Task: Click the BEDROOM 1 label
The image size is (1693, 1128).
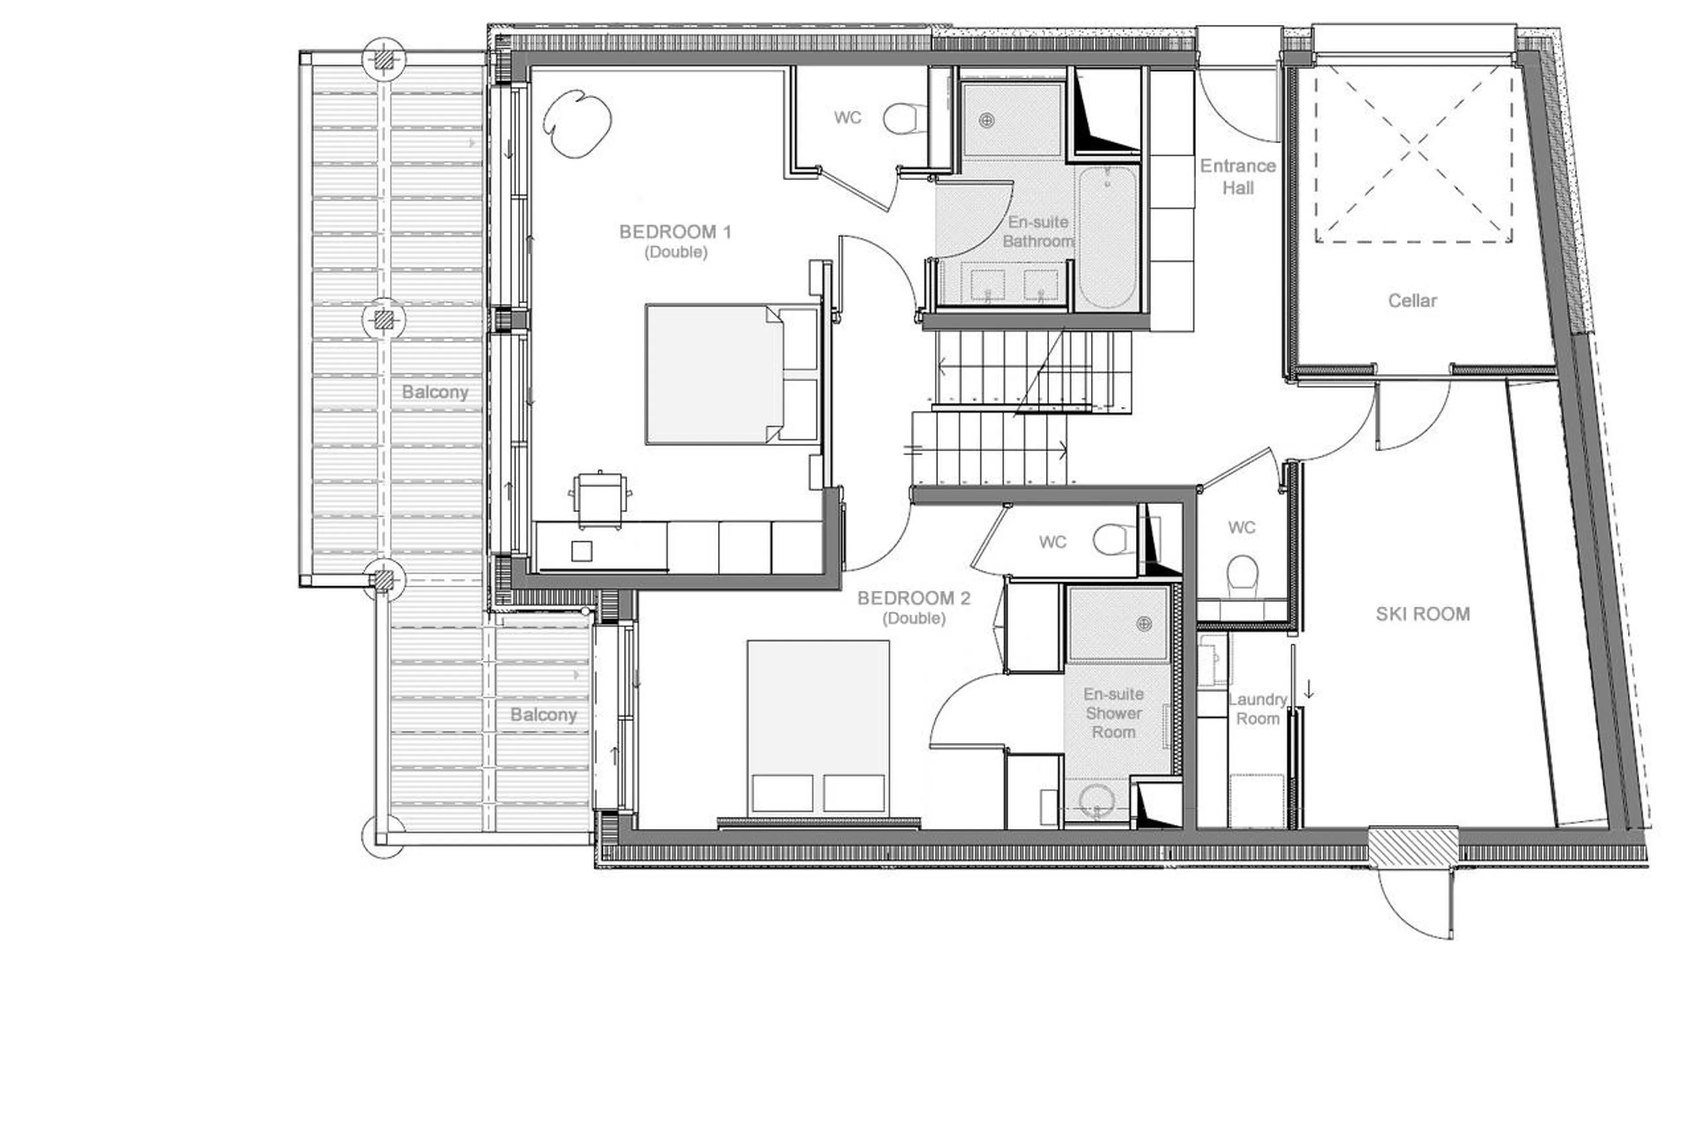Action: (675, 232)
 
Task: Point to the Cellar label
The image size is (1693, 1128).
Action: (1412, 301)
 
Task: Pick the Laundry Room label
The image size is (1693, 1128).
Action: (1257, 709)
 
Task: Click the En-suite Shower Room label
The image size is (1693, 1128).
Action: (1113, 713)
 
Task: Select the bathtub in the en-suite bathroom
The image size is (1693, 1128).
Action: (1108, 238)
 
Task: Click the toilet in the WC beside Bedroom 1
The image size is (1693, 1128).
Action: (904, 119)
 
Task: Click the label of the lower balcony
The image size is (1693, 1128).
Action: (543, 715)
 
